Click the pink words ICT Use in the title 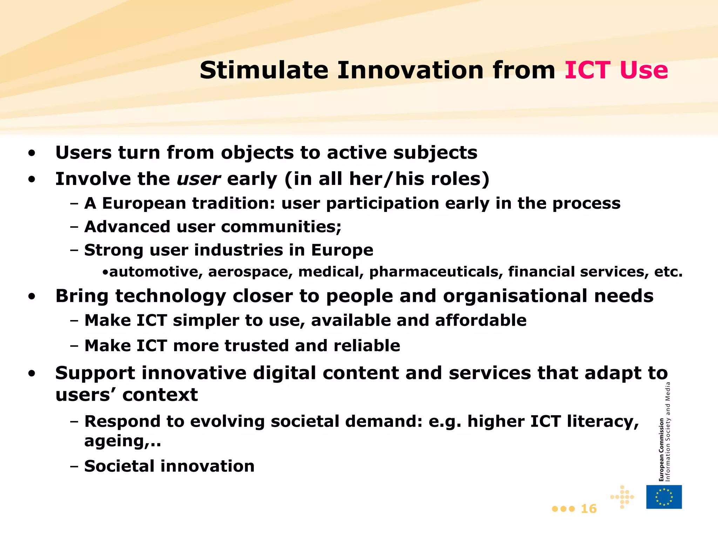[x=616, y=70]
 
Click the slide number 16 [x=589, y=508]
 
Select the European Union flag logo [x=664, y=497]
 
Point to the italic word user [x=198, y=179]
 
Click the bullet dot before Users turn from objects [x=32, y=153]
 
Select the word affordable [x=481, y=320]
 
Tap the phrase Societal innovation [x=169, y=466]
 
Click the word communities [x=281, y=227]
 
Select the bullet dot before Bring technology [x=32, y=297]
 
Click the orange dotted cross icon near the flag [x=622, y=497]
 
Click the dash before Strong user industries [x=74, y=250]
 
